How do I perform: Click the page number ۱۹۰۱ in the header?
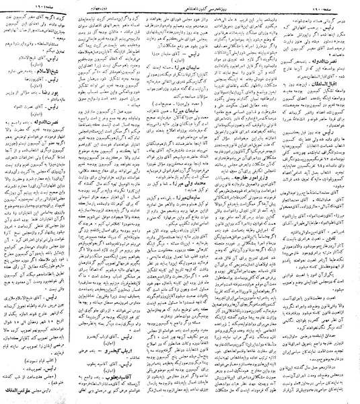click(x=20, y=5)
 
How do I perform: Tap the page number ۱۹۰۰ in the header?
click(x=340, y=5)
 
